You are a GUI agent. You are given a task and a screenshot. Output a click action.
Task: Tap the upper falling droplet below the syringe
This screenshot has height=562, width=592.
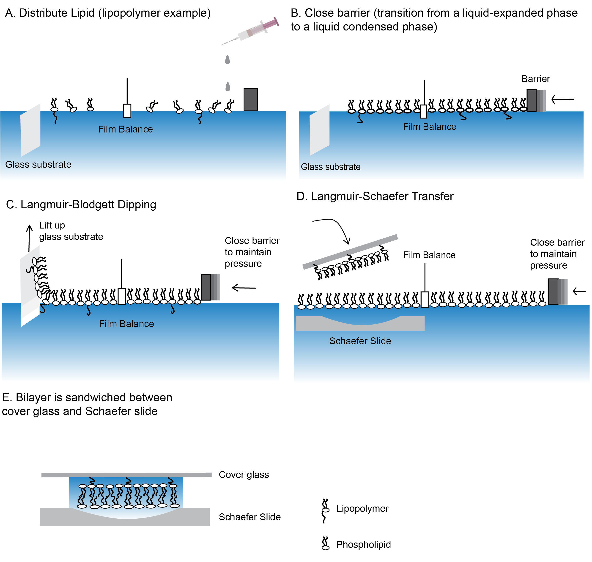(227, 60)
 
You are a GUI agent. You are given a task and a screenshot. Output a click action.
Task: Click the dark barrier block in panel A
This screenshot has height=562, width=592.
(250, 99)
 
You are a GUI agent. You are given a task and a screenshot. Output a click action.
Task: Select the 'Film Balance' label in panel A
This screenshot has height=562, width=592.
(126, 129)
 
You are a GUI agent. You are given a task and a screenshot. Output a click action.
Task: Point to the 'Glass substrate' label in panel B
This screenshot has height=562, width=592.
(330, 167)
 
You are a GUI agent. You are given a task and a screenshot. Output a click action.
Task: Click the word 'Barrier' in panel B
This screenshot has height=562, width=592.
(535, 79)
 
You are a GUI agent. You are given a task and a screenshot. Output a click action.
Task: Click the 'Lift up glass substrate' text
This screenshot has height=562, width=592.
(71, 231)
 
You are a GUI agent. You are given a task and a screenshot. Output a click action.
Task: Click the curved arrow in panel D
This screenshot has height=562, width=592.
(335, 229)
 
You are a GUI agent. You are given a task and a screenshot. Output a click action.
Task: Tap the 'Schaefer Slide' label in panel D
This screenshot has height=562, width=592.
(360, 341)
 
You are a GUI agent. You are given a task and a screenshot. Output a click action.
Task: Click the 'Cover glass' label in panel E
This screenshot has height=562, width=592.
(244, 474)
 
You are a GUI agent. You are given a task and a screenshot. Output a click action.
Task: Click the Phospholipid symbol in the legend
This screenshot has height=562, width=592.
(325, 543)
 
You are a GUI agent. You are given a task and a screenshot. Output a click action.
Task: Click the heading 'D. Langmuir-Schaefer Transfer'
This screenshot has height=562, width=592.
(375, 196)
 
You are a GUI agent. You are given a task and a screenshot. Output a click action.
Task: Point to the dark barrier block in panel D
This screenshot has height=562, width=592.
(553, 292)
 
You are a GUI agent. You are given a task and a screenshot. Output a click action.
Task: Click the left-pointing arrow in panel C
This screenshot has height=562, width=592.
(244, 288)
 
